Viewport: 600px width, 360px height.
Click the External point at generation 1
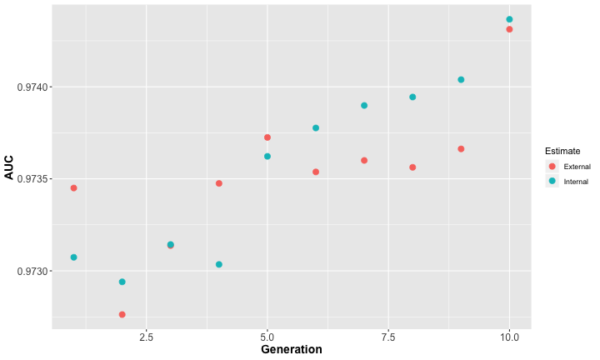pos(73,188)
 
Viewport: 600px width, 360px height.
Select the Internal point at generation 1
pos(73,257)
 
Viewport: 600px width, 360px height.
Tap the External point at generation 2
pos(122,314)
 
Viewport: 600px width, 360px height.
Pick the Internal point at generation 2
pos(122,282)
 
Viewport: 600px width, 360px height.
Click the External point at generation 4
pos(219,183)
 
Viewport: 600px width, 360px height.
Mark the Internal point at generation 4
pos(219,264)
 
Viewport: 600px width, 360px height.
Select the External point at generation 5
pos(267,137)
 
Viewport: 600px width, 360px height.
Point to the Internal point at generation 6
pos(316,128)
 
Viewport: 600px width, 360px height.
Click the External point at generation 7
pos(364,160)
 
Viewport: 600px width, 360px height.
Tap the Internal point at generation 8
pos(412,97)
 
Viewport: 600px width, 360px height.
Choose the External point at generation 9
pos(461,149)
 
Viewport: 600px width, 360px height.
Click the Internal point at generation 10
pos(509,19)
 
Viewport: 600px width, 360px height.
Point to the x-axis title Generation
pos(291,350)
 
